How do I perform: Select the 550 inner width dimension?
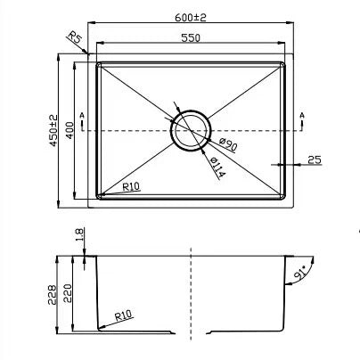(190, 37)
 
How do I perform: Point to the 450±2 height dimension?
(54, 130)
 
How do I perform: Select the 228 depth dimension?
(54, 292)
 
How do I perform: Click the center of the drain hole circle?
(190, 130)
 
